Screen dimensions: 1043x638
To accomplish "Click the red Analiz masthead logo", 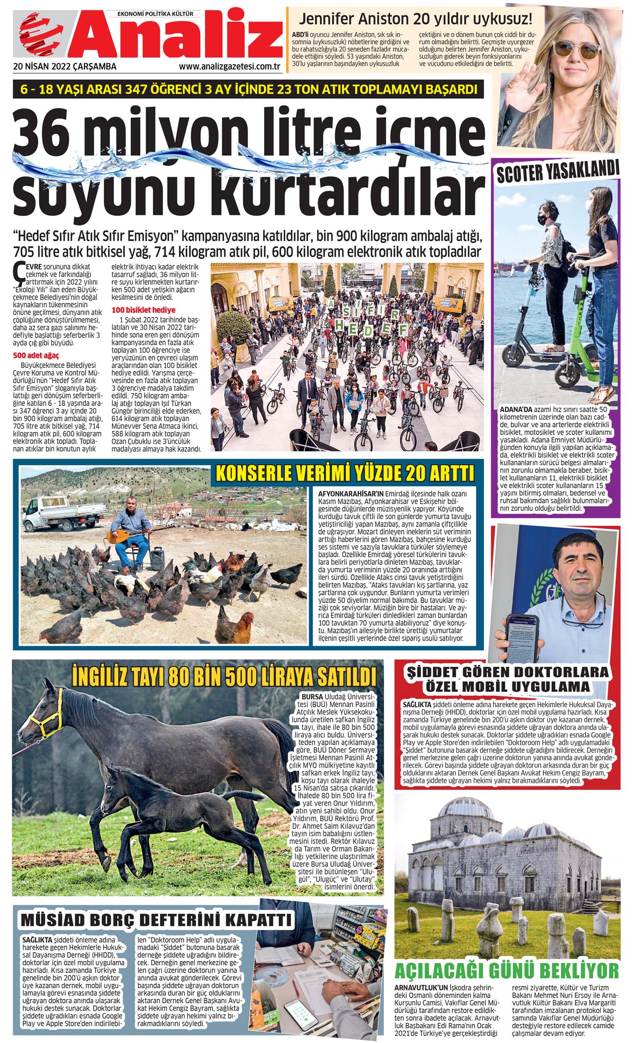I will tap(147, 38).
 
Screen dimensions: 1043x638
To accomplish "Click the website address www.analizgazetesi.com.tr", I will tap(230, 67).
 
